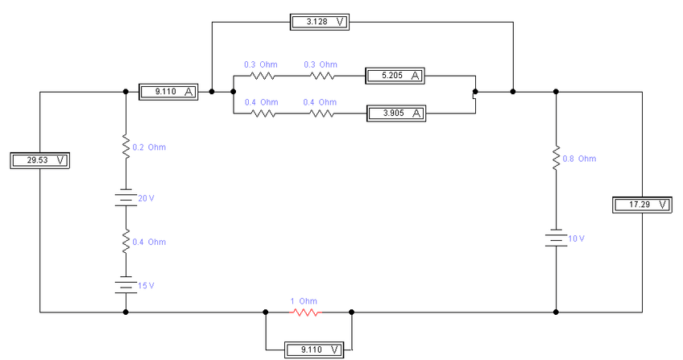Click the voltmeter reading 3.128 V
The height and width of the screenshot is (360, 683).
321,22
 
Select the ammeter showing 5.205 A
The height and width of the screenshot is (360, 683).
395,77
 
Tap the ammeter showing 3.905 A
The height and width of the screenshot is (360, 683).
395,114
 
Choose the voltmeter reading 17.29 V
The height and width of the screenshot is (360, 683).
641,205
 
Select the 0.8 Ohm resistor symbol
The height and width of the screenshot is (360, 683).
556,159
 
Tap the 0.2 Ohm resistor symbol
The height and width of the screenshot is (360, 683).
126,147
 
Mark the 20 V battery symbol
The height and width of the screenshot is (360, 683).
126,198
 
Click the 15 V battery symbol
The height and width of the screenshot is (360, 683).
126,285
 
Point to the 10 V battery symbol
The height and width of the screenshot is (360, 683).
556,239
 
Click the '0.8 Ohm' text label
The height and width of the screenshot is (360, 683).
579,159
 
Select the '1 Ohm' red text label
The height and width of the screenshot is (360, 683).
304,301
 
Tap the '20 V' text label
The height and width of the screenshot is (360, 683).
145,198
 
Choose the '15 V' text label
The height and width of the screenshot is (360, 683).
145,286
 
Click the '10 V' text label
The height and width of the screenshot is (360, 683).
575,239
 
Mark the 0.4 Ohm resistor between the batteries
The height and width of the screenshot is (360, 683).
126,242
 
